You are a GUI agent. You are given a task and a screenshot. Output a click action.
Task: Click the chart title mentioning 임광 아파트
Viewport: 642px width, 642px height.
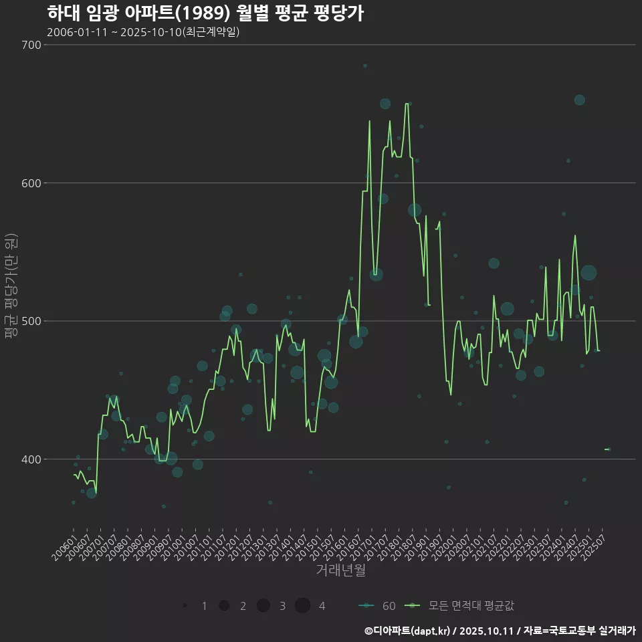[205, 13]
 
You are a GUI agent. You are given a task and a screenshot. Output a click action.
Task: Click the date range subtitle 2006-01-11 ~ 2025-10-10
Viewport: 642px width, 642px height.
[143, 32]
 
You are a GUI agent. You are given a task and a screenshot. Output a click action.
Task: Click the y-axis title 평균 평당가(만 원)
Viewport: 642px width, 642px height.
[10, 286]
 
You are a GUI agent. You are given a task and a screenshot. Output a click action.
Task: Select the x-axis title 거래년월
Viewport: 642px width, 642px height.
[340, 570]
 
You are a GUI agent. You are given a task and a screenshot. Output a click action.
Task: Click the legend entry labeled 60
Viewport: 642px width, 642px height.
[389, 606]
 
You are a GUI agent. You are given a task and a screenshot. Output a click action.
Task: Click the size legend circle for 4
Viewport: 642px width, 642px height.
[302, 606]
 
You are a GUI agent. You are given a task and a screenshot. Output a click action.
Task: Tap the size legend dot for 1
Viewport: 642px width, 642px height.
[184, 606]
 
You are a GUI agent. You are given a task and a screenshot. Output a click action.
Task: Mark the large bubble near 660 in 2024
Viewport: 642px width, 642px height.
[579, 100]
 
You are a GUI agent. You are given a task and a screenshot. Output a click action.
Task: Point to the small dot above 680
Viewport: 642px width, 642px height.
[364, 66]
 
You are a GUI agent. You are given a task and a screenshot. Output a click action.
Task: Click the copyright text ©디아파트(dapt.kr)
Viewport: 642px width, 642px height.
[407, 631]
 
